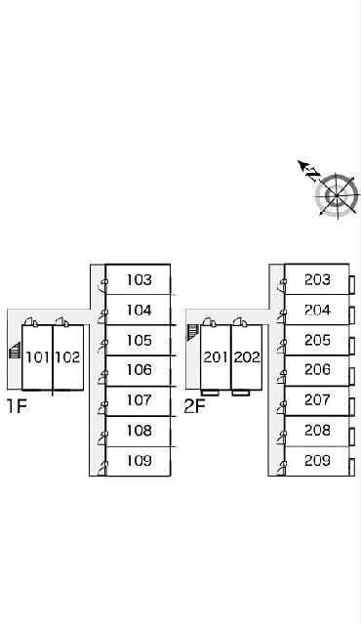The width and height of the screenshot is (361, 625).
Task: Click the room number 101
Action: [x=37, y=357]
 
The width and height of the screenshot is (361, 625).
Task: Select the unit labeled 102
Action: [x=67, y=357]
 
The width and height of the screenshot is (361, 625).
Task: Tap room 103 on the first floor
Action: [x=139, y=280]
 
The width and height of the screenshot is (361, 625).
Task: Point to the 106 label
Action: [x=139, y=370]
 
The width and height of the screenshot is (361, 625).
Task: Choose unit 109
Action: [x=139, y=461]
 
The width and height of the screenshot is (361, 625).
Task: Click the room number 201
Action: [x=216, y=357]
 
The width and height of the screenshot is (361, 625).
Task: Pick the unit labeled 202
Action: [x=247, y=357]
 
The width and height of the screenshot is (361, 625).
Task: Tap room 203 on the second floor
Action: [x=317, y=280]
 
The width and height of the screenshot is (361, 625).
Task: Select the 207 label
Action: [x=317, y=399]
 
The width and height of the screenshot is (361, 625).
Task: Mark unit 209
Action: [x=317, y=461]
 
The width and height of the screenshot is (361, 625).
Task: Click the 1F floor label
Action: [x=17, y=406]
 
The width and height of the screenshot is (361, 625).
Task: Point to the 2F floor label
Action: [x=194, y=406]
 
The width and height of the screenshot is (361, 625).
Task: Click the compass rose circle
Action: [x=337, y=195]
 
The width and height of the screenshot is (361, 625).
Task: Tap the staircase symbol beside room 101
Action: [x=15, y=351]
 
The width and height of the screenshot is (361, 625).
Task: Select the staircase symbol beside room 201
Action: [x=192, y=333]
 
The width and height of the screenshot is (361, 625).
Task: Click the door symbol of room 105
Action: [x=103, y=347]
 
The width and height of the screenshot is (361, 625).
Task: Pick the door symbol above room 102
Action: [x=61, y=322]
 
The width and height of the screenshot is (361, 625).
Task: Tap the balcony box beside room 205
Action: [x=352, y=346]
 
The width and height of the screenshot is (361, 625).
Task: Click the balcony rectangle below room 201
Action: [x=210, y=393]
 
